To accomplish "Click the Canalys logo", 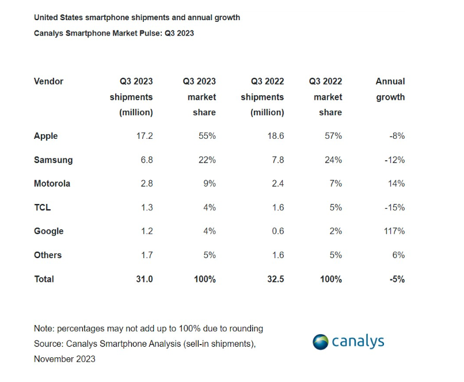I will (348, 342).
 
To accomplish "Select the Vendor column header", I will (48, 81).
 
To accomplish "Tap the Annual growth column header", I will (390, 89).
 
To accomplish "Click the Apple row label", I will (46, 136).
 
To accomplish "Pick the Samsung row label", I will (53, 160).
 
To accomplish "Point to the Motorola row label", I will (52, 184).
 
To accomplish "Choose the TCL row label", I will (42, 207).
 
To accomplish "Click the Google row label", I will (48, 231).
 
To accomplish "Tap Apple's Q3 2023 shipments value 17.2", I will (144, 136).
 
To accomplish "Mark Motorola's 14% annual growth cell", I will (397, 184).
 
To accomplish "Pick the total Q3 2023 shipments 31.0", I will (144, 279).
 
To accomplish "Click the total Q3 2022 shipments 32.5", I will (275, 279).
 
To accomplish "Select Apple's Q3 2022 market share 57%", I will (333, 136).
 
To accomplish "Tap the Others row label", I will (48, 255).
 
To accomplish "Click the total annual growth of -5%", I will (396, 279).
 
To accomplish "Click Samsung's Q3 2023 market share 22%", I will (207, 160).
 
